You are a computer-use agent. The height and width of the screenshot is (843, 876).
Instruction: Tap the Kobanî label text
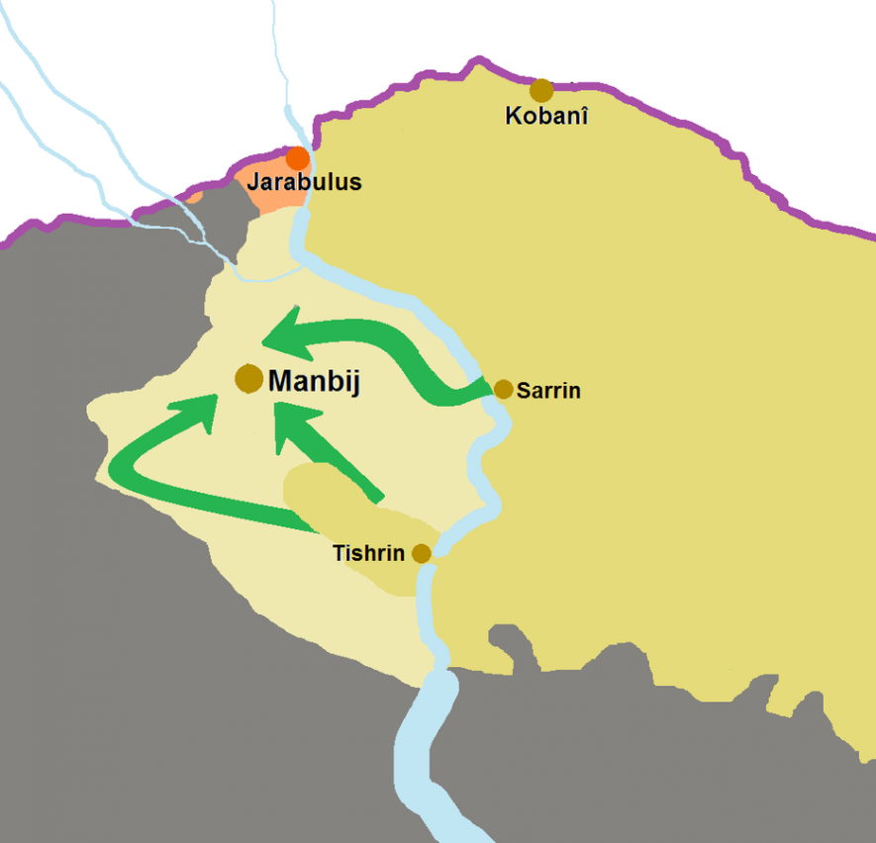click(546, 116)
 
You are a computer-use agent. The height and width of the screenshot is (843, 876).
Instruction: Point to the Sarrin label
click(548, 392)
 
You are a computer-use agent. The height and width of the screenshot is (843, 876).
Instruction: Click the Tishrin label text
click(368, 553)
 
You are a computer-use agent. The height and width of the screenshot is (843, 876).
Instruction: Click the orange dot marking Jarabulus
click(297, 158)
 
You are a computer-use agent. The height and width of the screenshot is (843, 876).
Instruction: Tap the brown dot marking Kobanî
click(540, 91)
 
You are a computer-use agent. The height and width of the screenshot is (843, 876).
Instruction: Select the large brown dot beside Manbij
click(248, 378)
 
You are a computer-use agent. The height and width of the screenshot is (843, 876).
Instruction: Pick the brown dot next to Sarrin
click(503, 389)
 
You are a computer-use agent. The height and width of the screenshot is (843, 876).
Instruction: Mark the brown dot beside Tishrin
click(422, 553)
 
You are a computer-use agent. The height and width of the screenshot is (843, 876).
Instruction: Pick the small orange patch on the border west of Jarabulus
click(195, 196)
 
